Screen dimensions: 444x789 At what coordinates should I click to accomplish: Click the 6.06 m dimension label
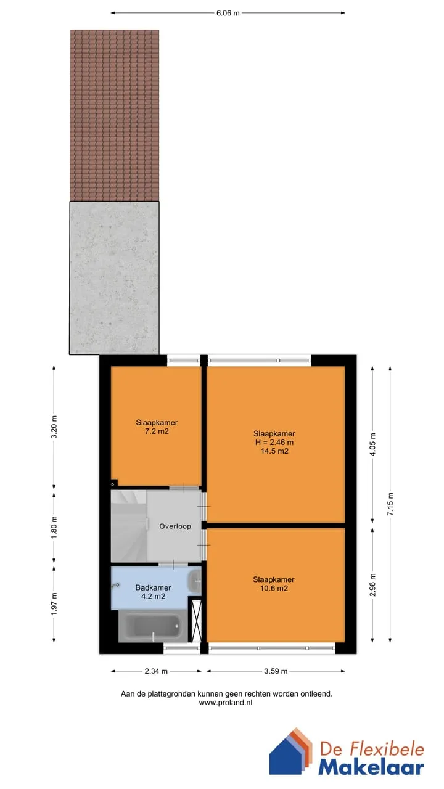click(228, 14)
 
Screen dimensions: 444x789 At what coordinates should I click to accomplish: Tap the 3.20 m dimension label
click(54, 427)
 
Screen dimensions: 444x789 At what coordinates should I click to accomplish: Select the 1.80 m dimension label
click(54, 527)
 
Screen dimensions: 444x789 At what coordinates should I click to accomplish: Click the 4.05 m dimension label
click(373, 444)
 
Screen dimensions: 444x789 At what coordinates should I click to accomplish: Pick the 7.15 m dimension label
click(390, 504)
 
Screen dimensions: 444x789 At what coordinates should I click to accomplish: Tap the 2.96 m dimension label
click(373, 585)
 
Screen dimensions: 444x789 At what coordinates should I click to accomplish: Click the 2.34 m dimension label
click(156, 671)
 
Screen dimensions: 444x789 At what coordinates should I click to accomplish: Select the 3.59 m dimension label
click(276, 671)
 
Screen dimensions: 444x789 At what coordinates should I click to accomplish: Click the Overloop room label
click(175, 526)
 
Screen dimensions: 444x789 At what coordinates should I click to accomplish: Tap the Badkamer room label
click(153, 587)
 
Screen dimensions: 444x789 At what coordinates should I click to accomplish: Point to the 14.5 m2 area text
click(274, 451)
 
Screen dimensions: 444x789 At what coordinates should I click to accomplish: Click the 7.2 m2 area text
click(157, 431)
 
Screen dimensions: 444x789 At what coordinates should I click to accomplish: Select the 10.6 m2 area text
click(274, 588)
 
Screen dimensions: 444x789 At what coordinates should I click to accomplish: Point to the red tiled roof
click(115, 115)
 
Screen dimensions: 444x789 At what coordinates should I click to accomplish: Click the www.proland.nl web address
click(226, 703)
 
